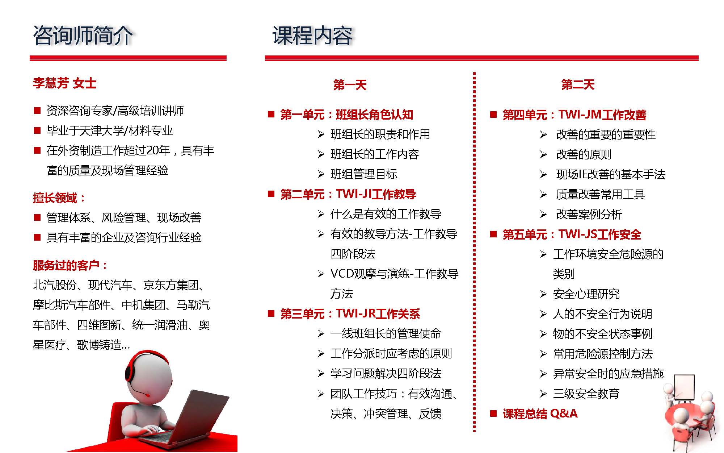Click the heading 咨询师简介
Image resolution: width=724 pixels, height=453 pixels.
click(83, 36)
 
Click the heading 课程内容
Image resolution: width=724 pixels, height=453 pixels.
click(312, 36)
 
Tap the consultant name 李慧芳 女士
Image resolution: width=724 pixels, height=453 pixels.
click(65, 83)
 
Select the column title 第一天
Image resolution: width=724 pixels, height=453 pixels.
click(350, 85)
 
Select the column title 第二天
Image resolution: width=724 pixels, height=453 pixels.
click(578, 85)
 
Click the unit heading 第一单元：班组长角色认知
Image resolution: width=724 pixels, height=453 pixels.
click(347, 115)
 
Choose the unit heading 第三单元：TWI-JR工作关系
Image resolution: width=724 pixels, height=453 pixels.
click(350, 314)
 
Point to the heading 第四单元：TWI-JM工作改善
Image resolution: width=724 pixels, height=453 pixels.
click(574, 115)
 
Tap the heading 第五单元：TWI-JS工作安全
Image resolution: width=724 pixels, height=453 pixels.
click(572, 234)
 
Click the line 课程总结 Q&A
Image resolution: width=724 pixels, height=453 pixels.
click(540, 413)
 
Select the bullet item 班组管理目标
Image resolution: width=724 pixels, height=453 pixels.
click(364, 174)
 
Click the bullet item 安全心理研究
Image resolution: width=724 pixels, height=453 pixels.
click(586, 294)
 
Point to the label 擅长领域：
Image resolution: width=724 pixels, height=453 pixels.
click(59, 198)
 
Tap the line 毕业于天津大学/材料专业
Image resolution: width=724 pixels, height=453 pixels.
click(110, 131)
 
